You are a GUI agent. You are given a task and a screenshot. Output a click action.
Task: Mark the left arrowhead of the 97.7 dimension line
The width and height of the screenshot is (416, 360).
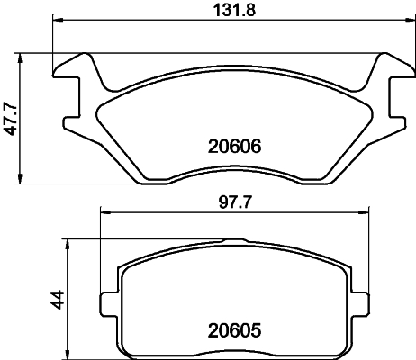point(103,213)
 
